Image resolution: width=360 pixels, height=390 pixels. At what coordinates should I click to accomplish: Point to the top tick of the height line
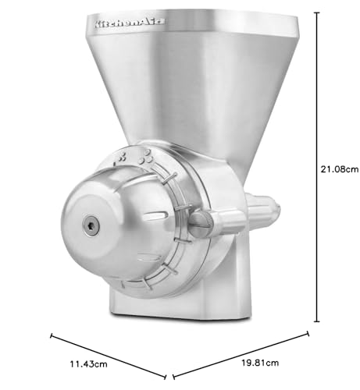317,12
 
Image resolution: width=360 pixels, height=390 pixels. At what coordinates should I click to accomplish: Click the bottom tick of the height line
317,321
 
